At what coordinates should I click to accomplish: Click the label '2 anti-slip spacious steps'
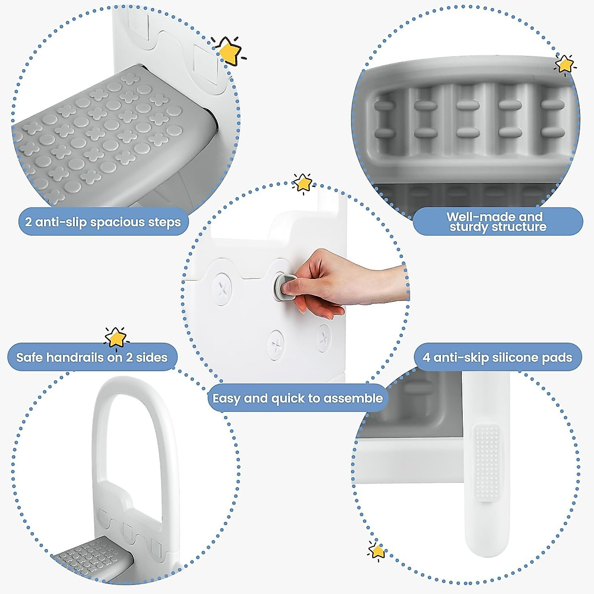click(103, 222)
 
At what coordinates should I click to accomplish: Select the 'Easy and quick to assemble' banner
click(297, 398)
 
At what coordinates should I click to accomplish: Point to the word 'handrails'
click(76, 357)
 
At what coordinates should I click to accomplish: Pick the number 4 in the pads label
click(426, 357)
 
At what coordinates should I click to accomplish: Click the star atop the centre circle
click(302, 183)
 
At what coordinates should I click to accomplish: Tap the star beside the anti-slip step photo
click(229, 50)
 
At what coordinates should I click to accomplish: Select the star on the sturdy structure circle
click(564, 64)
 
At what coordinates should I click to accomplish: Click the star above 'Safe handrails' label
click(116, 338)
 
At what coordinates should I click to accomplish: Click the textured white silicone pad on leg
click(487, 460)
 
